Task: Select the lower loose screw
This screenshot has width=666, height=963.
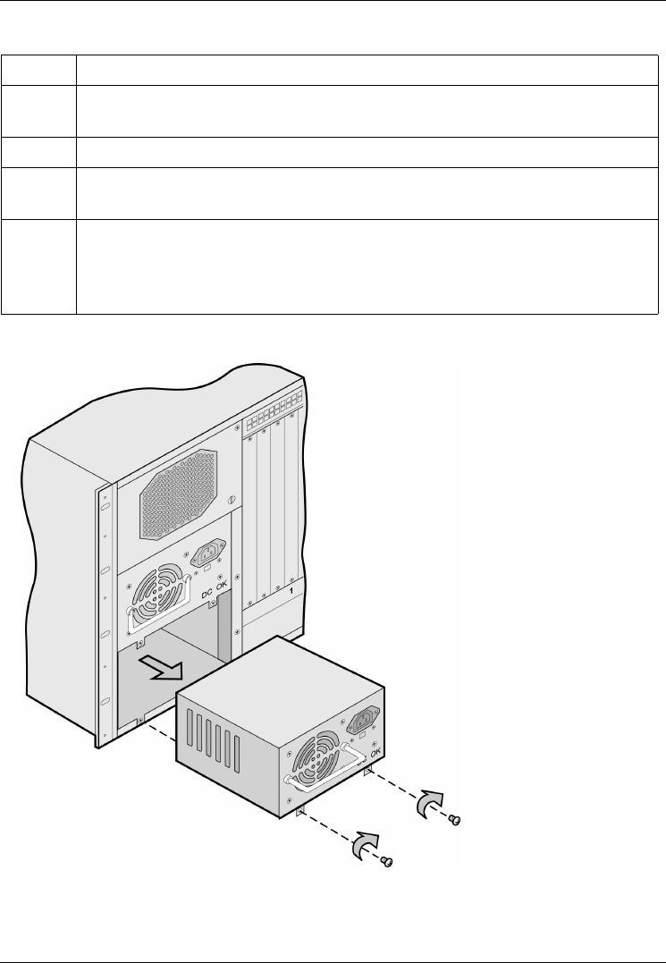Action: pyautogui.click(x=388, y=862)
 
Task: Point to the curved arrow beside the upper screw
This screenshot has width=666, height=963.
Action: pyautogui.click(x=431, y=803)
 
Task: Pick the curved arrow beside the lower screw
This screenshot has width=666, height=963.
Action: pyautogui.click(x=367, y=844)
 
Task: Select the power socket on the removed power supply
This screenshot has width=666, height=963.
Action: pyautogui.click(x=367, y=722)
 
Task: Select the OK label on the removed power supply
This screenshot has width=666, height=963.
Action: pyautogui.click(x=375, y=754)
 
